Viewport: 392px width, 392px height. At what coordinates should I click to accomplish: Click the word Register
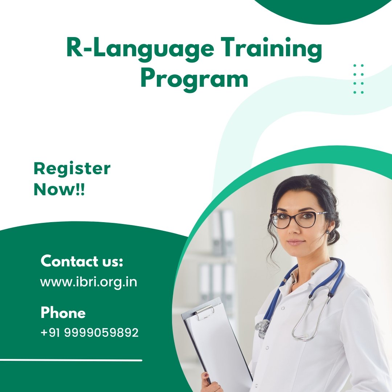(x=72, y=169)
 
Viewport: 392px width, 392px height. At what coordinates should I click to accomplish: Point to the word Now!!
(x=59, y=189)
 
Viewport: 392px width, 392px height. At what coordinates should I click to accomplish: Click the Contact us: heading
(x=82, y=261)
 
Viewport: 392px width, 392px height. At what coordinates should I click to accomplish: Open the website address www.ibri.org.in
(x=89, y=282)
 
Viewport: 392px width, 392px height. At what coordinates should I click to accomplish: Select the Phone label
(x=63, y=313)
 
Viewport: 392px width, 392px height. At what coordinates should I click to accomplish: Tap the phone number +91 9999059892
(x=89, y=332)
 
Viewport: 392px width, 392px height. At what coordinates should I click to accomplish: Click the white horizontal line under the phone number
(x=71, y=360)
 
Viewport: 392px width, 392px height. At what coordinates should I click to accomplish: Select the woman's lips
(x=296, y=242)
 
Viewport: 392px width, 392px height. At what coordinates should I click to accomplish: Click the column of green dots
(x=358, y=79)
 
